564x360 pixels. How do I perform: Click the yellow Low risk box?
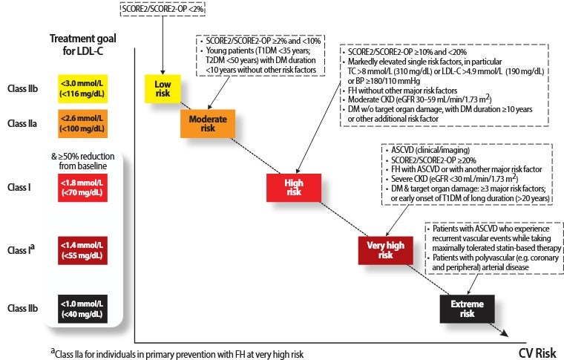[x=162, y=88]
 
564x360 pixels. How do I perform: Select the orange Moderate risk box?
[x=207, y=123]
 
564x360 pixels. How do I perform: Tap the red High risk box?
[x=293, y=186]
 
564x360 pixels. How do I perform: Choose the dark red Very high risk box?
[x=385, y=249]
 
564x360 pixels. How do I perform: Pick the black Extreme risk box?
[x=467, y=309]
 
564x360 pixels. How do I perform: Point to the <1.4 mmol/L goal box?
[x=81, y=250]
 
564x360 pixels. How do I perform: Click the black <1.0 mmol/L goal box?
[x=81, y=308]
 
